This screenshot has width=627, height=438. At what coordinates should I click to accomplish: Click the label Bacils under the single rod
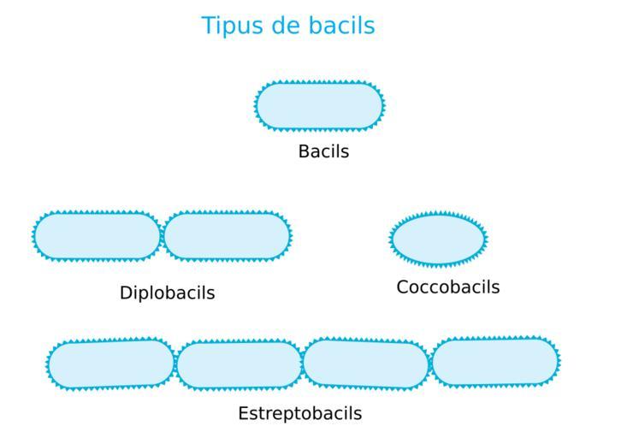pos(323,151)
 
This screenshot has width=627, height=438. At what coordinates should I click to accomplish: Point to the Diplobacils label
pos(167,293)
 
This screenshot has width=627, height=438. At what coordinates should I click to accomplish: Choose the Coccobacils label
pos(447,287)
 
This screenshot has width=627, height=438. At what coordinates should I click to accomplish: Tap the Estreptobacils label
pos(299,413)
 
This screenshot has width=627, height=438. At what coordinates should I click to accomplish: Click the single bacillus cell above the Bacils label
pos(319,106)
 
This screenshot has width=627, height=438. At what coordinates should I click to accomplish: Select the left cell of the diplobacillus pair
pos(97,236)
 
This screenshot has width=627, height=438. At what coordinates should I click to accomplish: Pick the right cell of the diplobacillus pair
pos(228,236)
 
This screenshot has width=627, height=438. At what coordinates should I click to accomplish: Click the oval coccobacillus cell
pos(438,240)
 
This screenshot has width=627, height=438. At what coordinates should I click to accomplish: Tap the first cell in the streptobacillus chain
pos(111,364)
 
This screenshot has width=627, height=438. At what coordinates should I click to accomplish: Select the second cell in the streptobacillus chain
pos(240,365)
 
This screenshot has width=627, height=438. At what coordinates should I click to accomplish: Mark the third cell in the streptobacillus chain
pos(365,364)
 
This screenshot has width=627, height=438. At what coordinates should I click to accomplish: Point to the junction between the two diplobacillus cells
pos(162,236)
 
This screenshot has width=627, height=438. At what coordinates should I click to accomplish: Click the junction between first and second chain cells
pos(175,364)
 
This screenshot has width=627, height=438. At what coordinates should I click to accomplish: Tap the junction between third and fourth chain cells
pos(430,363)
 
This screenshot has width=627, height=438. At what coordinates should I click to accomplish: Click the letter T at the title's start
pos(207,26)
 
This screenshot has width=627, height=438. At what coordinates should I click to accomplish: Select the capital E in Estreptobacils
pos(243,413)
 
